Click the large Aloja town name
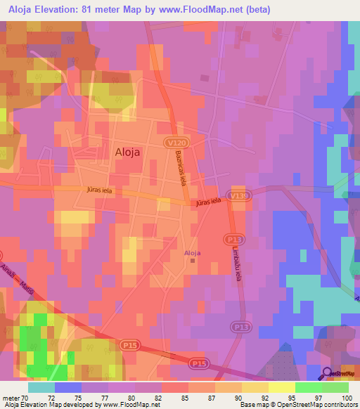(x=131, y=151)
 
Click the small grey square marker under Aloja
(x=193, y=261)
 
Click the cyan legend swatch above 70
(x=41, y=387)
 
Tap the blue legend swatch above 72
(x=67, y=387)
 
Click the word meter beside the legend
(x=11, y=397)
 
